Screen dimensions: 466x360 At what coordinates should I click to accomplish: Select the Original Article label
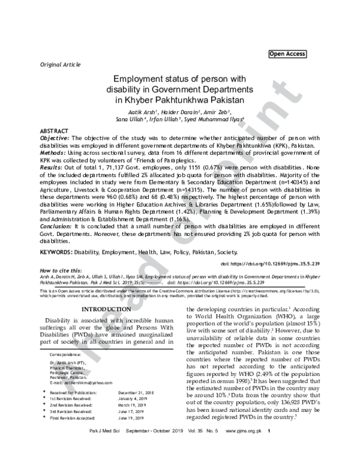[60, 64]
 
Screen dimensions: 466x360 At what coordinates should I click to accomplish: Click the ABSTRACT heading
[53, 130]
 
